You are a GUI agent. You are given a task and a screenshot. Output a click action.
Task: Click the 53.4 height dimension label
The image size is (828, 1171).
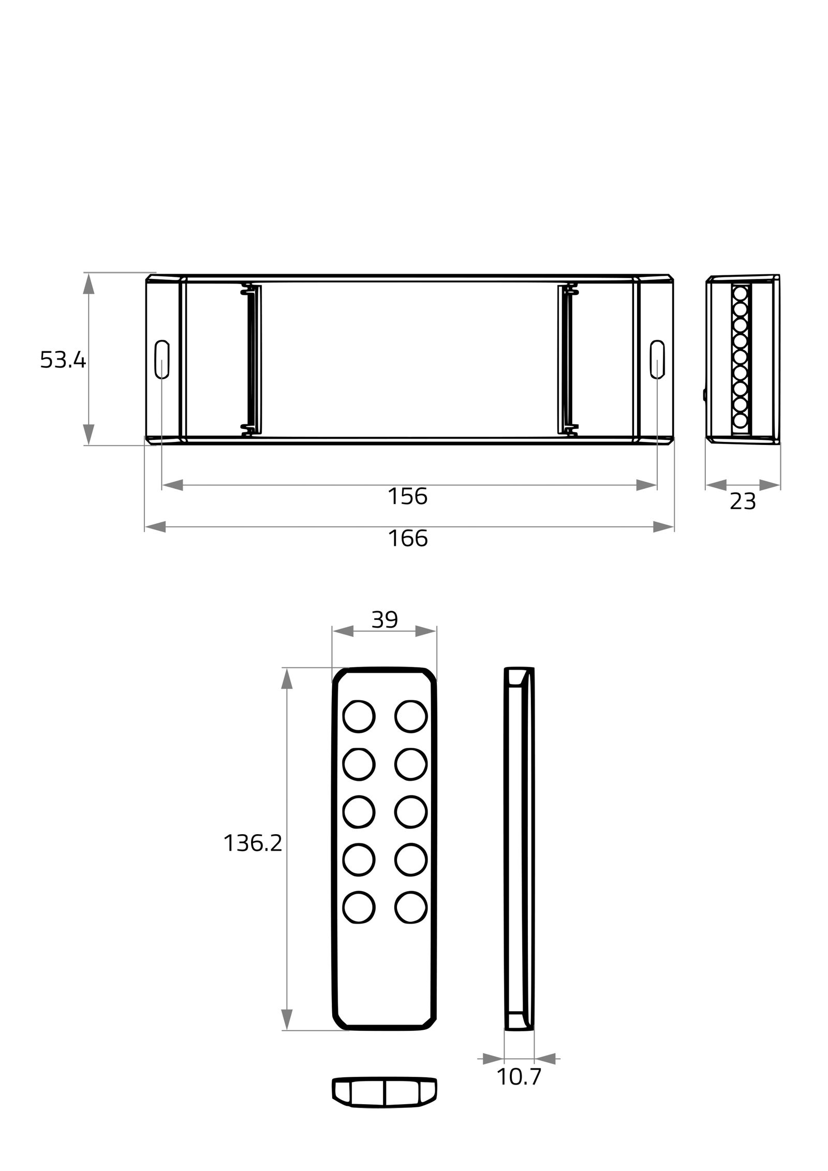click(x=63, y=360)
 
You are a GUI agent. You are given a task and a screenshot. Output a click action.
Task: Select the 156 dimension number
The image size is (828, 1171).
click(x=407, y=497)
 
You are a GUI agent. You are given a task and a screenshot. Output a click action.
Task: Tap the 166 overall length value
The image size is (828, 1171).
click(x=408, y=539)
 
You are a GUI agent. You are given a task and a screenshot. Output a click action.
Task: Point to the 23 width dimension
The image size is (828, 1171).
click(x=742, y=501)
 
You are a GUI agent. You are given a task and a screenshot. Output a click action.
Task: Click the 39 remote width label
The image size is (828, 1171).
click(x=384, y=620)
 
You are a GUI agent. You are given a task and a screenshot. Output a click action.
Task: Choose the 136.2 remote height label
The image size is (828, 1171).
click(x=253, y=843)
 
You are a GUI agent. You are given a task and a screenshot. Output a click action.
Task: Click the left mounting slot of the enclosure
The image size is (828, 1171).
click(x=162, y=359)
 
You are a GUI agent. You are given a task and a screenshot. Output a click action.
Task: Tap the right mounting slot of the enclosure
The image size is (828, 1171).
click(x=657, y=359)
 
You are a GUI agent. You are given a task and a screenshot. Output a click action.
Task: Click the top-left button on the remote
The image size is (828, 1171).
click(x=359, y=717)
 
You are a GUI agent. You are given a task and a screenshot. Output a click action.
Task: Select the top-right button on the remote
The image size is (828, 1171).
click(x=411, y=717)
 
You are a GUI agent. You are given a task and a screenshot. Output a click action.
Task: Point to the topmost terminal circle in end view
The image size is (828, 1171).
click(x=740, y=293)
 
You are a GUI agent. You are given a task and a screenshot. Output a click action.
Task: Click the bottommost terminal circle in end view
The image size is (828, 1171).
click(x=740, y=420)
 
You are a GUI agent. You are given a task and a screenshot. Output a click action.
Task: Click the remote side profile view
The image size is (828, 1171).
click(x=519, y=849)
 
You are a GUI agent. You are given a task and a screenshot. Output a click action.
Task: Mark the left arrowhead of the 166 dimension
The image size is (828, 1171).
click(x=155, y=527)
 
